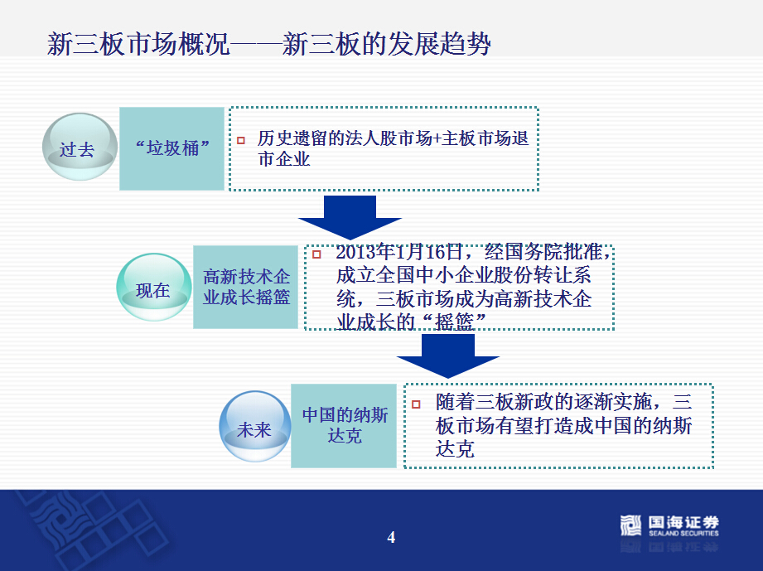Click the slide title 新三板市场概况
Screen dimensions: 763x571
coord(138,44)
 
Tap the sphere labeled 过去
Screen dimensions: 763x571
coord(80,147)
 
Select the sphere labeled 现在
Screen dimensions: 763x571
coord(154,287)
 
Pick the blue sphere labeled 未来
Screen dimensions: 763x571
coord(255,426)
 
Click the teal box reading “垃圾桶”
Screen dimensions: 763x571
coord(171,148)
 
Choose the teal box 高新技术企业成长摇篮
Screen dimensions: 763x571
coord(246,287)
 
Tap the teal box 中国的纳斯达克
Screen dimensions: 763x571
coord(344,425)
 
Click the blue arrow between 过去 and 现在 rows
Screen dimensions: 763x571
coord(350,217)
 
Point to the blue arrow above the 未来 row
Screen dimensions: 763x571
coord(448,356)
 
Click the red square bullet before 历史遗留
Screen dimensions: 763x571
coord(241,141)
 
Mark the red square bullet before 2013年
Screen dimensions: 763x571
coord(316,254)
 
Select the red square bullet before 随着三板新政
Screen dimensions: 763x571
coord(416,404)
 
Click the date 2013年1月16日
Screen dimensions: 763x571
coord(399,252)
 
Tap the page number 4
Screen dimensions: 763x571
coord(391,537)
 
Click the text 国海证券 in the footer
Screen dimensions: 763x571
coord(683,522)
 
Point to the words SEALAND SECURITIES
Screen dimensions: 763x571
coord(683,534)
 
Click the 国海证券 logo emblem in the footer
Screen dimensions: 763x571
coord(630,525)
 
